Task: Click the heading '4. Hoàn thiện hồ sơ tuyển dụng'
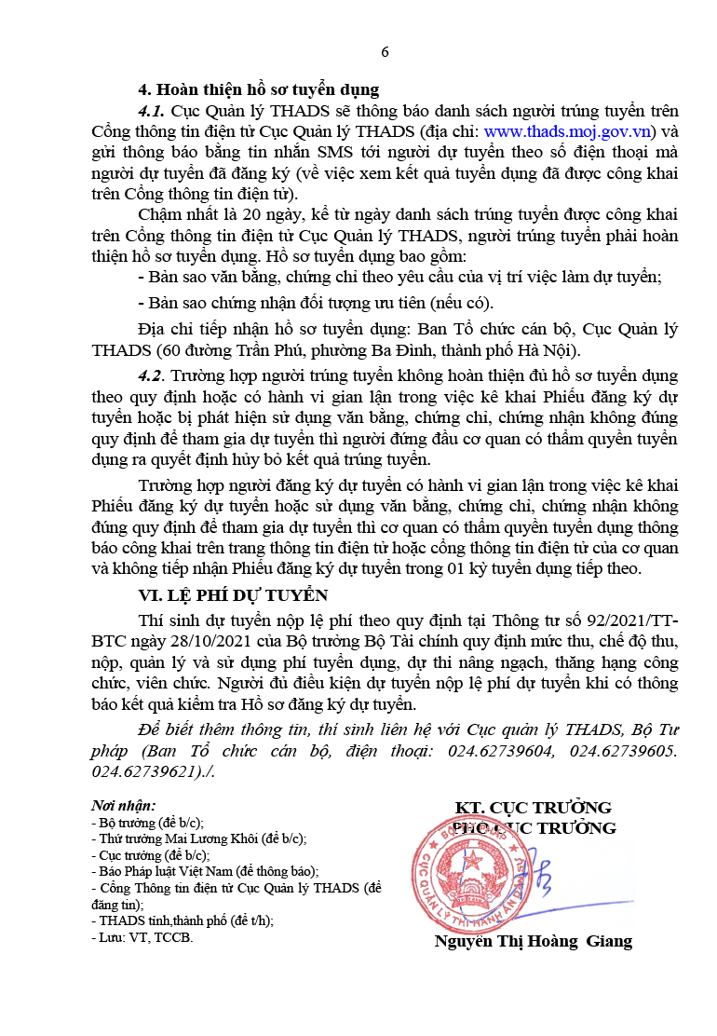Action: (258, 90)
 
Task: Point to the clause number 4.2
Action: (151, 375)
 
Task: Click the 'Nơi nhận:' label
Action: (123, 805)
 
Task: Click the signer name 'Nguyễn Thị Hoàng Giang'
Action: (533, 941)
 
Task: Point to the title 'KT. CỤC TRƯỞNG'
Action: (533, 807)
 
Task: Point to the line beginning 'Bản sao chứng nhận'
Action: (315, 303)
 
